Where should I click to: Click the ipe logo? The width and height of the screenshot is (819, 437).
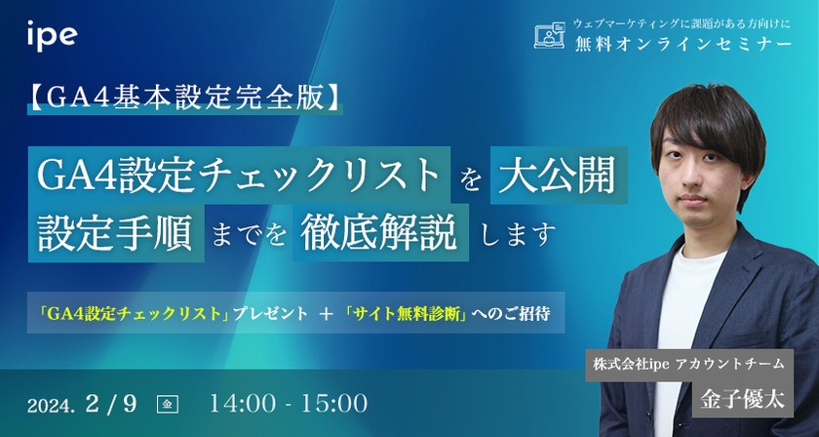coord(52,36)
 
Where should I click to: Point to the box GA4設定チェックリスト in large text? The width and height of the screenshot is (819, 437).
coord(239,176)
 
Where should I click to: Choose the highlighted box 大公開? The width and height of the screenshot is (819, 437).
coord(556,176)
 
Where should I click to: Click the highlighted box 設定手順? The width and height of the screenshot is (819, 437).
coord(115,234)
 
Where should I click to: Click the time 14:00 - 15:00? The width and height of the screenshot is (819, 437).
coord(288,402)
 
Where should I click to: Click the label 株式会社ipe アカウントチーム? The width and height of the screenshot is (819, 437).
coord(687,363)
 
